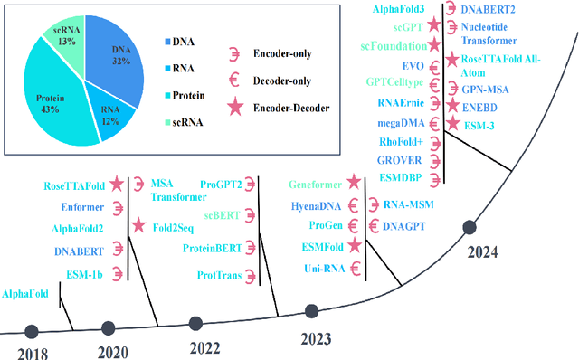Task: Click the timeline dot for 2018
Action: click(32, 332)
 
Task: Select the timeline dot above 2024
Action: click(469, 227)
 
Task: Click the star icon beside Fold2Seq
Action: click(137, 225)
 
